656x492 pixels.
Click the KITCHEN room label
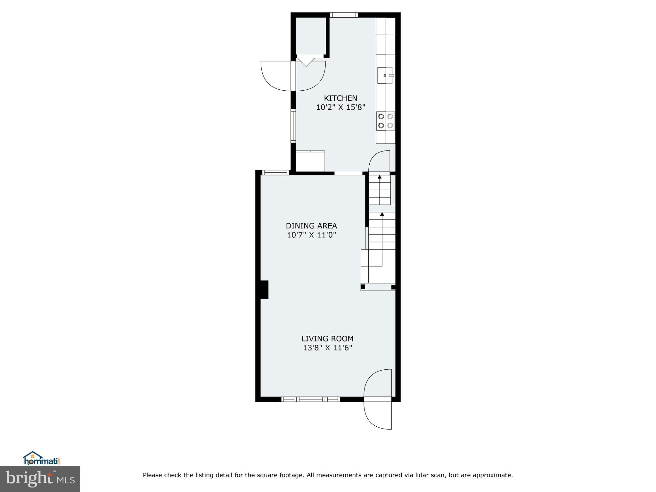(340, 98)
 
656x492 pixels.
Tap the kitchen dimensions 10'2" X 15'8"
(340, 107)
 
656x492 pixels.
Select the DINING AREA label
(311, 226)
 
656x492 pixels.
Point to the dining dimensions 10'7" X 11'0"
(311, 235)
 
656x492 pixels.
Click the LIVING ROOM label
(327, 339)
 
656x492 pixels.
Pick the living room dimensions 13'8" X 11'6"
(327, 348)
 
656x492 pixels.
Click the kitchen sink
(385, 75)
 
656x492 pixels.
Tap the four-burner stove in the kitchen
(386, 121)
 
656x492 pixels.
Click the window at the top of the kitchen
(344, 15)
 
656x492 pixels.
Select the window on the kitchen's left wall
(293, 126)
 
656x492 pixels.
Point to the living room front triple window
(310, 399)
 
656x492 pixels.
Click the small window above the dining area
(275, 172)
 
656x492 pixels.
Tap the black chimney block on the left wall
(264, 290)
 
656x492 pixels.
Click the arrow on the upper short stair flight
(380, 177)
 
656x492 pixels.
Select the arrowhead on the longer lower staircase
(382, 214)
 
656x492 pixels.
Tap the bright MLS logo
(40, 479)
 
